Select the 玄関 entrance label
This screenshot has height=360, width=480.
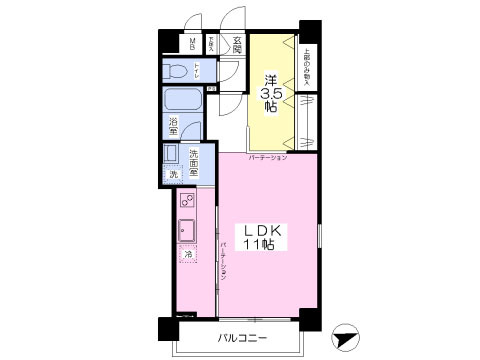point(237,44)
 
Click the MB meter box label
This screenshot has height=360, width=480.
point(191,44)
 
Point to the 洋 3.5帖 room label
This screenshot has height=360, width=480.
point(270,90)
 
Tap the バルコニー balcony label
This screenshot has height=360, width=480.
point(243,339)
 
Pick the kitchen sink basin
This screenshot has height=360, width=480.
point(187,233)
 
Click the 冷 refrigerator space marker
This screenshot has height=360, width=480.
point(187,257)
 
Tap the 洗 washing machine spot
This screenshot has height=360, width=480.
point(174,175)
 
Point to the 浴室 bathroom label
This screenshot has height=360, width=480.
point(173,127)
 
